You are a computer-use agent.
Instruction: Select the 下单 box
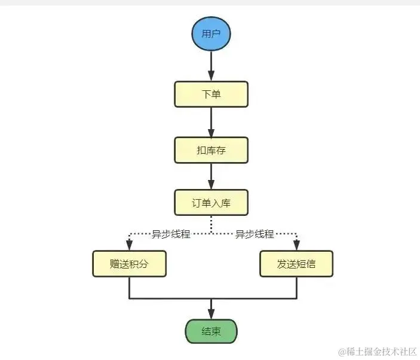pyautogui.click(x=211, y=94)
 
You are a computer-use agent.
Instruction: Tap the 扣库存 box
pyautogui.click(x=211, y=150)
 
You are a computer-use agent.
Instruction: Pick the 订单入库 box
pyautogui.click(x=211, y=203)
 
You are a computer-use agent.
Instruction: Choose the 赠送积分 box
pyautogui.click(x=129, y=264)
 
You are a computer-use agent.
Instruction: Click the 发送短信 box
pyautogui.click(x=296, y=264)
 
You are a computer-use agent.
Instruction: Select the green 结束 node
pyautogui.click(x=211, y=331)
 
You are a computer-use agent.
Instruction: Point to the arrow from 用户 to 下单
pyautogui.click(x=211, y=66)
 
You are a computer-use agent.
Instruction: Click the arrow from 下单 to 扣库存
pyautogui.click(x=211, y=123)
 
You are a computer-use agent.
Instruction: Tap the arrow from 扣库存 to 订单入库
pyautogui.click(x=211, y=176)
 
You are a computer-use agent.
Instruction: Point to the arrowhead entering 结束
pyautogui.click(x=211, y=313)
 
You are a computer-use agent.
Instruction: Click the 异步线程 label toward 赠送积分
pyautogui.click(x=171, y=234)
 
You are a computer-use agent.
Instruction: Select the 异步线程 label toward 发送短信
pyautogui.click(x=255, y=234)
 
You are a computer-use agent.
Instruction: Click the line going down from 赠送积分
pyautogui.click(x=129, y=288)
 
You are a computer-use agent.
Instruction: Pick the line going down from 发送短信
pyautogui.click(x=296, y=288)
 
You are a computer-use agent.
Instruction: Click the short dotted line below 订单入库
pyautogui.click(x=211, y=225)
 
